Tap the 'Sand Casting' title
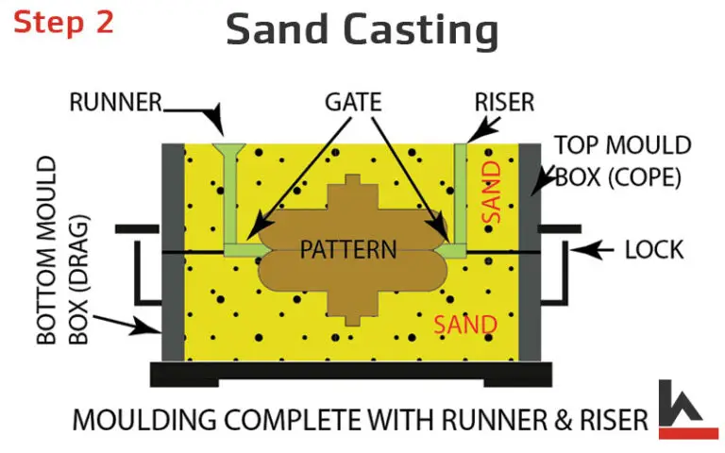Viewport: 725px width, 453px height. coord(362,31)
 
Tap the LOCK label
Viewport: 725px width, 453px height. coord(654,250)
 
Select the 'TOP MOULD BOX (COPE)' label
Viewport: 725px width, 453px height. coord(622,161)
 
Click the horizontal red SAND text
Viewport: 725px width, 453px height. coord(464,325)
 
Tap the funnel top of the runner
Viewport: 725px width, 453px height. coord(228,150)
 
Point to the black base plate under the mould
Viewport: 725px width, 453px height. coord(349,373)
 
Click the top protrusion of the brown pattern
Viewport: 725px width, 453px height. coord(352,182)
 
